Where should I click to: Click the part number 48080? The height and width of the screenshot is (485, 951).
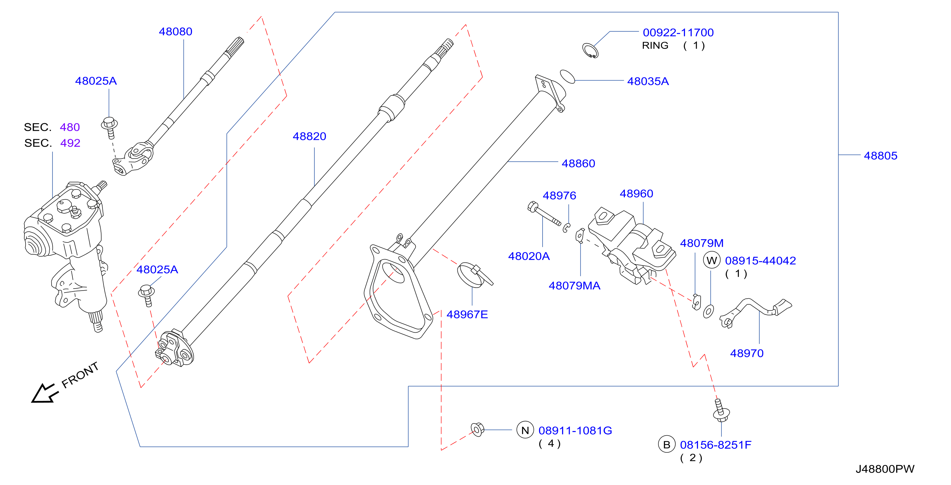[x=175, y=31]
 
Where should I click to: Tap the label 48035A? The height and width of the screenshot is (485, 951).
[x=648, y=81]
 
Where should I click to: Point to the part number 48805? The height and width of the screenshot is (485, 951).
[x=880, y=156]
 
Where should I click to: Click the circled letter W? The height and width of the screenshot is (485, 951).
[x=711, y=260]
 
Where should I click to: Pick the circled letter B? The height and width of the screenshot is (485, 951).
[x=667, y=444]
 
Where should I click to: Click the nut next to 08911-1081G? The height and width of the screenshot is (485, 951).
[x=477, y=429]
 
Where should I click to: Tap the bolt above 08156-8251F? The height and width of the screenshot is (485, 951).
[x=721, y=410]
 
